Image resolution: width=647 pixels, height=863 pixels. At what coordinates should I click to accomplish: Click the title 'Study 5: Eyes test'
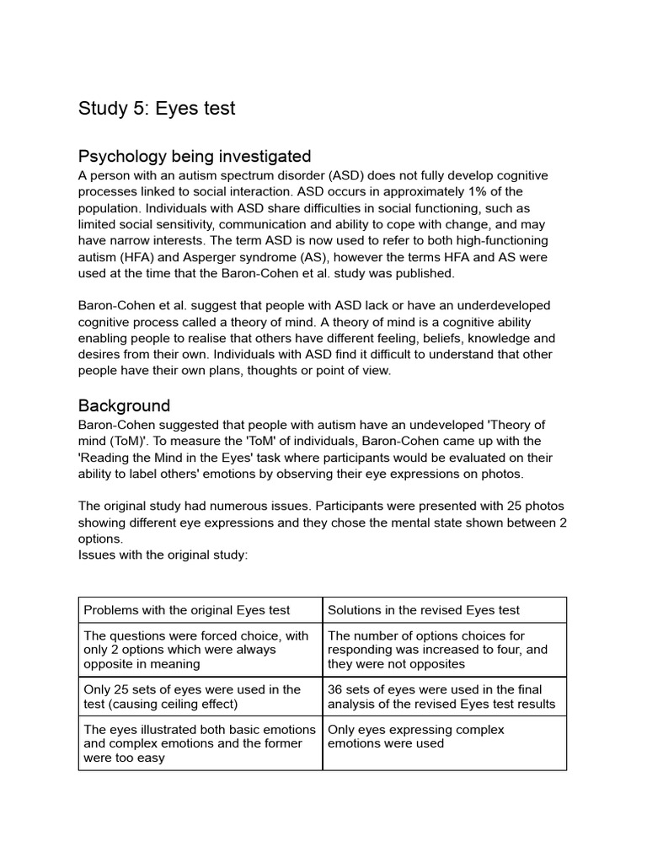click(x=157, y=108)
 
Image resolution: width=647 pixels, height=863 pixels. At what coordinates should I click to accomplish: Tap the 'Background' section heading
click(x=124, y=405)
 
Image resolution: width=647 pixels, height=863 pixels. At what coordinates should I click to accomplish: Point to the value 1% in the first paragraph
click(x=455, y=191)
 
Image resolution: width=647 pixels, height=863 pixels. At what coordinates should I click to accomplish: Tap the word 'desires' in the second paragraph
click(x=101, y=354)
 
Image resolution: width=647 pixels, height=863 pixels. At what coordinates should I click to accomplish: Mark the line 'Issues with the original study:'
click(x=163, y=555)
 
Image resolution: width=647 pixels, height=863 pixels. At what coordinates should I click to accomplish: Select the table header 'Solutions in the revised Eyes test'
click(x=424, y=610)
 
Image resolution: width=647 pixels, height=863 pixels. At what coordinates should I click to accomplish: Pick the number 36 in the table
click(x=335, y=689)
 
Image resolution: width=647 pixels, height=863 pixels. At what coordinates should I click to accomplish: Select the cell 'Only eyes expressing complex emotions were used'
click(x=415, y=737)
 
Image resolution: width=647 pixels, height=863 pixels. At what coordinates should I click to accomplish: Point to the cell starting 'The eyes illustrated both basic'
click(x=200, y=743)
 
